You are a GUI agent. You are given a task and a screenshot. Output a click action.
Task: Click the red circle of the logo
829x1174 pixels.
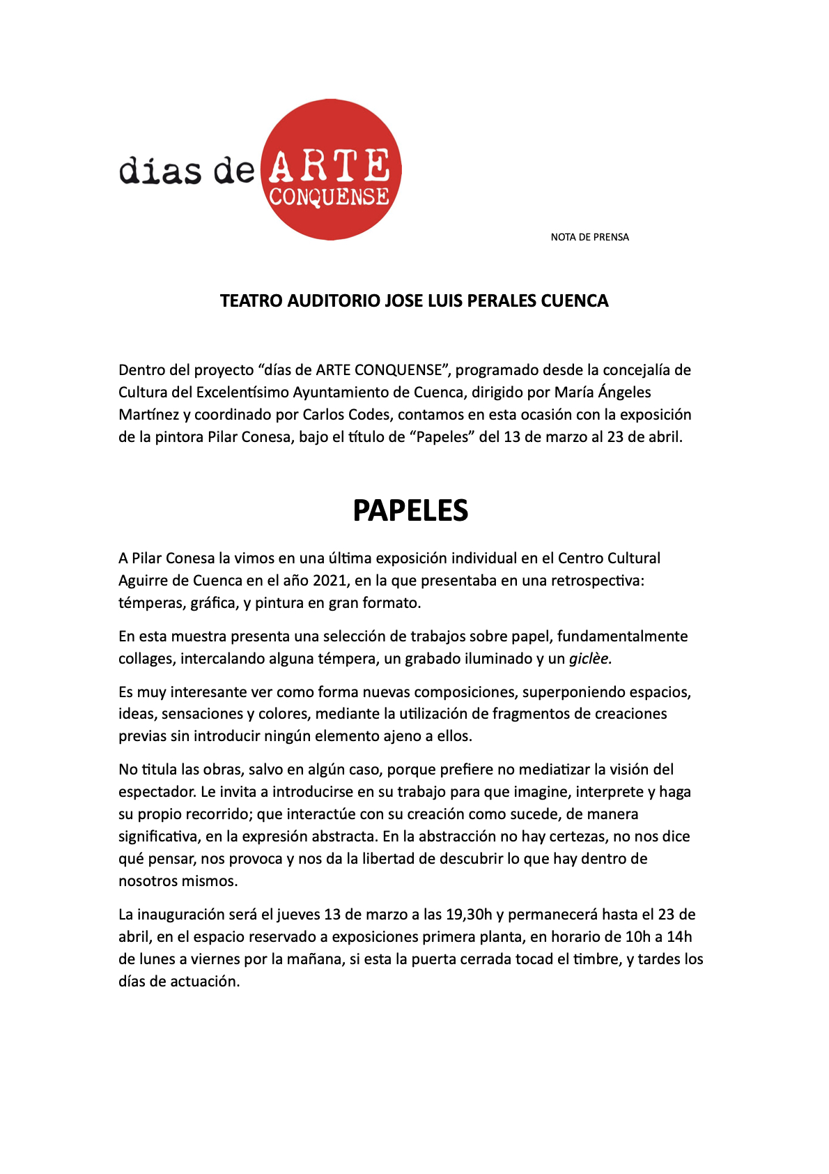pos(331,125)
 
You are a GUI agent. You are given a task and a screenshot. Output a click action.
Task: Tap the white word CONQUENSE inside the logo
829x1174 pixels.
pos(329,197)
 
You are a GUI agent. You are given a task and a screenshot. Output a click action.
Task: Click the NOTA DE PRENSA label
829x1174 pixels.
pos(589,237)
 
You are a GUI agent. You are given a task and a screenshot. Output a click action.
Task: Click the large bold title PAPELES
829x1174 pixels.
pos(410,511)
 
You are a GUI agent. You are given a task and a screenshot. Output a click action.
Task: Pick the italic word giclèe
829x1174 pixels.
pos(590,659)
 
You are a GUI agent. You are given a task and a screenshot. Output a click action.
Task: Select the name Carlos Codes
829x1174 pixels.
pos(346,415)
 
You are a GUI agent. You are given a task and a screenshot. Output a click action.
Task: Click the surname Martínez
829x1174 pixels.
pos(148,415)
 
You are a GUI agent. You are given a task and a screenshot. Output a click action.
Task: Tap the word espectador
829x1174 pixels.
pos(157,792)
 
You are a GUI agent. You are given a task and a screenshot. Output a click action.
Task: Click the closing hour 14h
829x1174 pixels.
pos(679,937)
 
